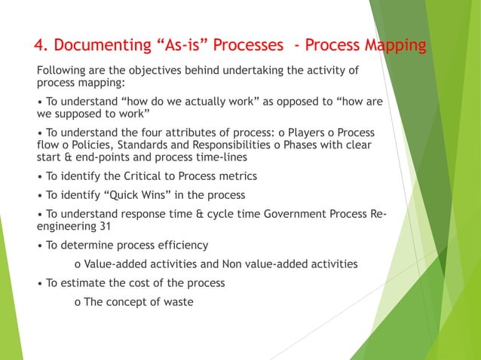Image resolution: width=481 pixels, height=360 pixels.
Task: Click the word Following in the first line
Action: pos(60,72)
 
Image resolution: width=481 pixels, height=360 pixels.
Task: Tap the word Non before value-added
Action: pos(233,264)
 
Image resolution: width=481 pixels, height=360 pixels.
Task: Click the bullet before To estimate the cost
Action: pos(40,283)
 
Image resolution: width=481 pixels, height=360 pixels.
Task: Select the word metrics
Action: pos(236,176)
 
